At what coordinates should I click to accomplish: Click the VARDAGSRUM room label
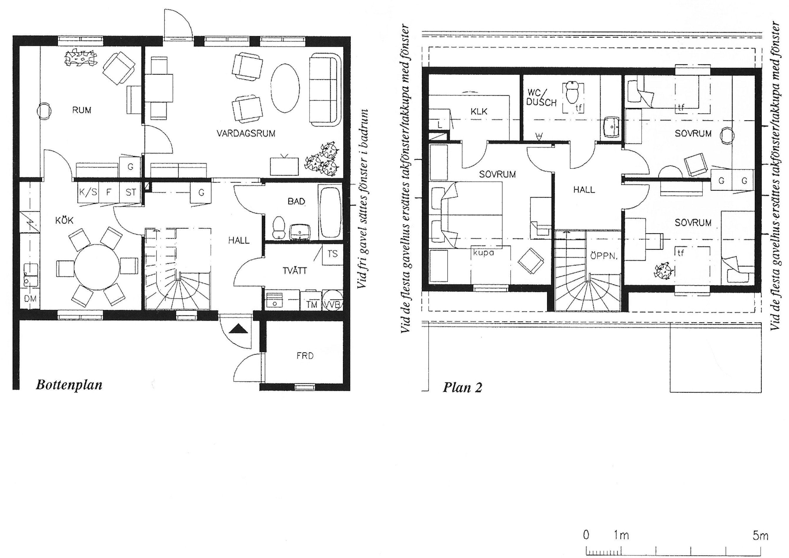(246, 134)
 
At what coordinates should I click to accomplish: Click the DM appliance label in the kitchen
(30, 299)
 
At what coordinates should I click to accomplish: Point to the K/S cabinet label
(88, 192)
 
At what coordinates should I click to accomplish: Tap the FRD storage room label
(305, 356)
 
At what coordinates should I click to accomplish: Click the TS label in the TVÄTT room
(332, 254)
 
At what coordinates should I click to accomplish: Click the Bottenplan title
(69, 385)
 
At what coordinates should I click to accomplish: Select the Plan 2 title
(462, 388)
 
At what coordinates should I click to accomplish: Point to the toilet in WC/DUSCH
(572, 92)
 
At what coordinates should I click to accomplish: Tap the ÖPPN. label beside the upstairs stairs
(604, 256)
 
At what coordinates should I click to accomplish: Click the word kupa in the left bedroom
(484, 253)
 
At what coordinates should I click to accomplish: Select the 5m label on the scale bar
(760, 536)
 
